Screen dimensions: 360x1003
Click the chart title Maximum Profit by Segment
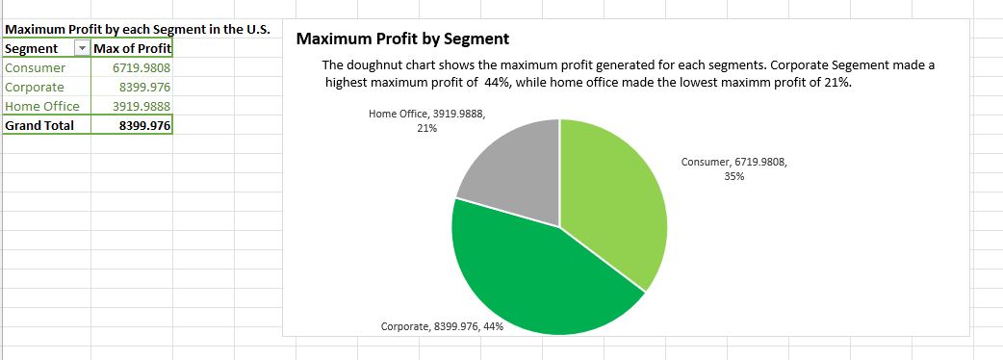click(x=402, y=39)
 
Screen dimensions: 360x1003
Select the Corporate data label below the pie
click(x=442, y=327)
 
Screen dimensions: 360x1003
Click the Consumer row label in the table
click(x=36, y=68)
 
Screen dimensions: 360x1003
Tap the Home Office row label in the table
click(x=42, y=107)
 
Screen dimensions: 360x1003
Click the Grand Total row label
click(x=39, y=126)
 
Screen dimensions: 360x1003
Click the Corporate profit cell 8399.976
click(x=147, y=88)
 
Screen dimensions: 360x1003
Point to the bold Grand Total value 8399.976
click(x=145, y=126)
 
